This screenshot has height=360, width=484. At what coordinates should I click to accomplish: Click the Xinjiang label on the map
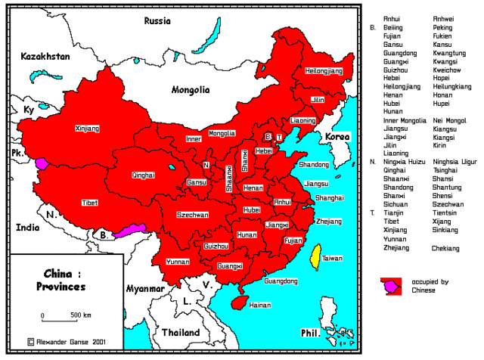(x=88, y=129)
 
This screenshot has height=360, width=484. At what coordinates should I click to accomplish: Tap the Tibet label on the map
(x=89, y=203)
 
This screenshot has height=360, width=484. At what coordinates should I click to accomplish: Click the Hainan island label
(x=260, y=305)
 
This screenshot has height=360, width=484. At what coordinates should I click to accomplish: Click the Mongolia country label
(x=190, y=89)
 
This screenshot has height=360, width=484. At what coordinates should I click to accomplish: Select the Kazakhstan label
(x=45, y=57)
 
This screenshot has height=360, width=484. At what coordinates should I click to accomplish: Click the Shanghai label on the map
(x=330, y=197)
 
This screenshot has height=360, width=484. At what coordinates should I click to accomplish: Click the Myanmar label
(x=146, y=289)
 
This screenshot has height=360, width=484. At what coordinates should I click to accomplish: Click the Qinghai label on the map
(x=143, y=175)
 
